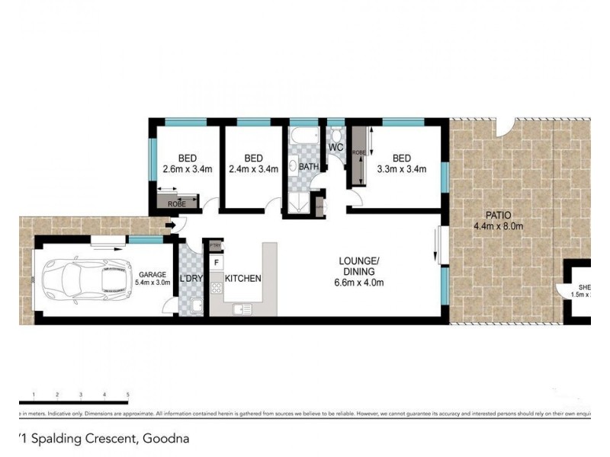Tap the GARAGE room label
[152, 275]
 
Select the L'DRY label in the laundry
[191, 279]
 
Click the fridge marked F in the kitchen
[217, 264]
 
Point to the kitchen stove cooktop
[217, 289]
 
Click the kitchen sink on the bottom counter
[242, 308]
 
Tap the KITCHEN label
[243, 279]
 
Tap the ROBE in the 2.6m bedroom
[176, 203]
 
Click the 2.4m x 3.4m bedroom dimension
[253, 169]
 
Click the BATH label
[308, 167]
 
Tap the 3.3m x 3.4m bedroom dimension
[401, 169]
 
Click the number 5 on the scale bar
[127, 395]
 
